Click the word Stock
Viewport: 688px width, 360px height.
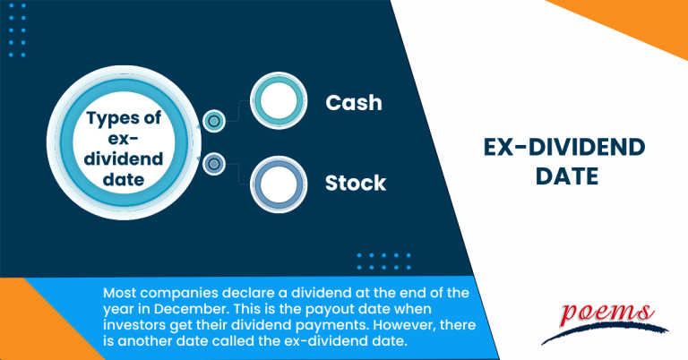[x=355, y=184]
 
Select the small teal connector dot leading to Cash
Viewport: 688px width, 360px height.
[x=213, y=120]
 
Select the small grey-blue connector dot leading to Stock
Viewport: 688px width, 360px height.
[x=213, y=164]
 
